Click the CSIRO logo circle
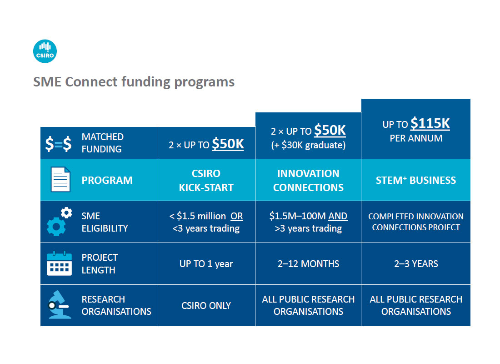[x=45, y=51]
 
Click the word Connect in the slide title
[x=91, y=82]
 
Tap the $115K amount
[x=430, y=123]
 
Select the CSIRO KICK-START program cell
[x=206, y=180]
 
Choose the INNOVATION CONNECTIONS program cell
[x=308, y=180]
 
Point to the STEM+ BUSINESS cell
[x=416, y=180]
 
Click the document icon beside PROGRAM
[x=60, y=179]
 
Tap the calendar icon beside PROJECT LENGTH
[x=59, y=263]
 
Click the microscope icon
[x=59, y=304]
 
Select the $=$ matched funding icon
[x=58, y=144]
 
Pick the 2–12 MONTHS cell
[x=308, y=264]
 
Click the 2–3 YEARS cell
[x=416, y=264]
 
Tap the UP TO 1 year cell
[x=206, y=264]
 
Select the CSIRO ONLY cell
[x=206, y=306]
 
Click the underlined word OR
[x=237, y=216]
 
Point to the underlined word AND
[x=338, y=216]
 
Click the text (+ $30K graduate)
[x=308, y=145]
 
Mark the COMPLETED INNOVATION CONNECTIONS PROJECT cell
[x=416, y=222]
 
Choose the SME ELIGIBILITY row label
[x=105, y=222]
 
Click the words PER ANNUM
[x=416, y=138]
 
